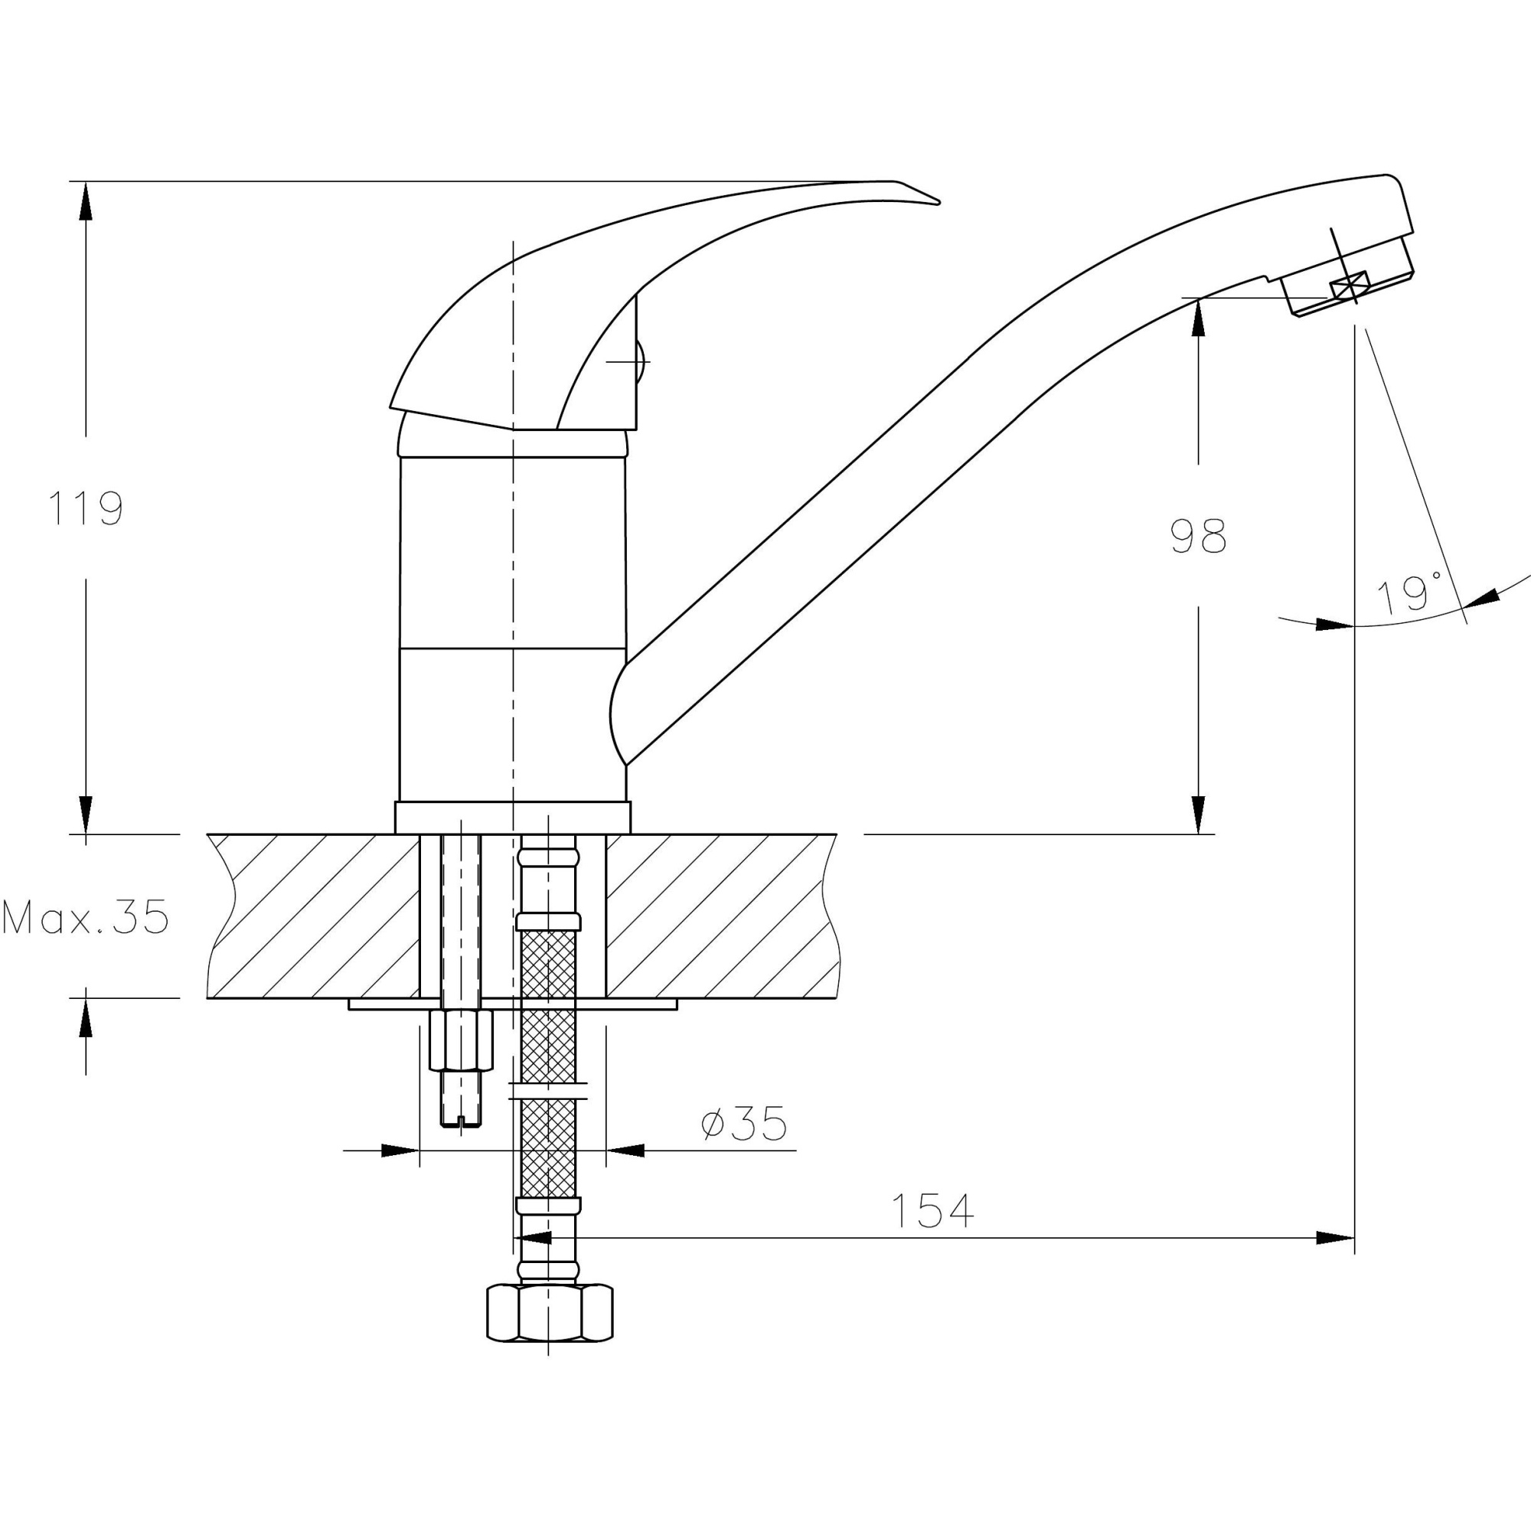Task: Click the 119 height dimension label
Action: coord(86,508)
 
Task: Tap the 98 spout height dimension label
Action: coord(1198,536)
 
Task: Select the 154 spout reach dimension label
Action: coord(932,1210)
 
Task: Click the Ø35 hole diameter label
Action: coord(745,1123)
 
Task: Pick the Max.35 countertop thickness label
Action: coord(86,917)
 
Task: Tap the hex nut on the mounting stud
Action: coord(460,1040)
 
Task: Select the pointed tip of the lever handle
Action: coord(939,203)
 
